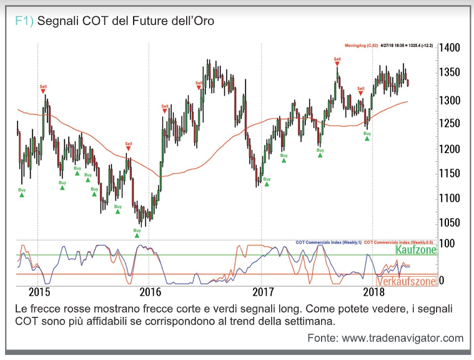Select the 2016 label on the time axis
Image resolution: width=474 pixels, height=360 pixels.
tap(150, 291)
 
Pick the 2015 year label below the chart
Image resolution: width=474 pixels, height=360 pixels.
tap(39, 291)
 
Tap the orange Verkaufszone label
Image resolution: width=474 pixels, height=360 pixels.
tap(406, 281)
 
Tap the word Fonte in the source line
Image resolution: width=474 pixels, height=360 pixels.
tap(322, 338)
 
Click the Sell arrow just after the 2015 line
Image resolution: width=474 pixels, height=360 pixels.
tap(43, 91)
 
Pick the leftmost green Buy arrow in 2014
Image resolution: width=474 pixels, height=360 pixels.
tap(22, 194)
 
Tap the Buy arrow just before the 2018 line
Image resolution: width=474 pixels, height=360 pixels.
tap(367, 137)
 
